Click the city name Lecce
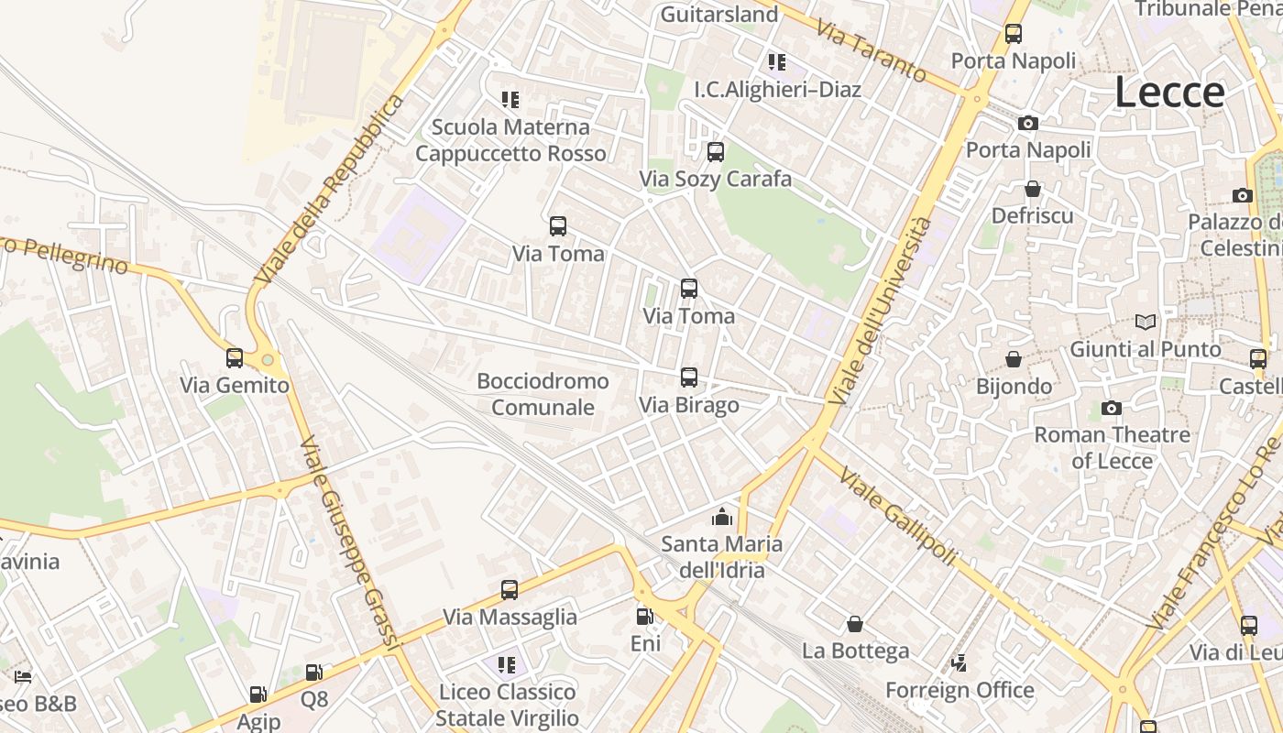pos(1169,93)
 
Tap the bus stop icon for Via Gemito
pos(235,357)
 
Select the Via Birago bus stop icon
pos(689,377)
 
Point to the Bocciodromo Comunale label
pos(543,394)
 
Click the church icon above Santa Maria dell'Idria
pos(722,517)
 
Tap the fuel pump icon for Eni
pos(645,617)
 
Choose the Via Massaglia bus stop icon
pos(510,590)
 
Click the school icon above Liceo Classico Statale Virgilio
pos(507,664)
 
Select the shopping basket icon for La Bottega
pos(855,624)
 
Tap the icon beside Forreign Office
pos(959,662)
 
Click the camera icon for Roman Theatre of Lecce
pos(1112,408)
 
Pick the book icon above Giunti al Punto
pos(1146,322)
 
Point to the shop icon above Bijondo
pos(1014,358)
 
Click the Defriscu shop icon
pos(1033,189)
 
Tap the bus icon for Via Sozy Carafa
pos(716,151)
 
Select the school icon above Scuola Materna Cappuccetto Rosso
pos(510,99)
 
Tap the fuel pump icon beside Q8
pos(313,673)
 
